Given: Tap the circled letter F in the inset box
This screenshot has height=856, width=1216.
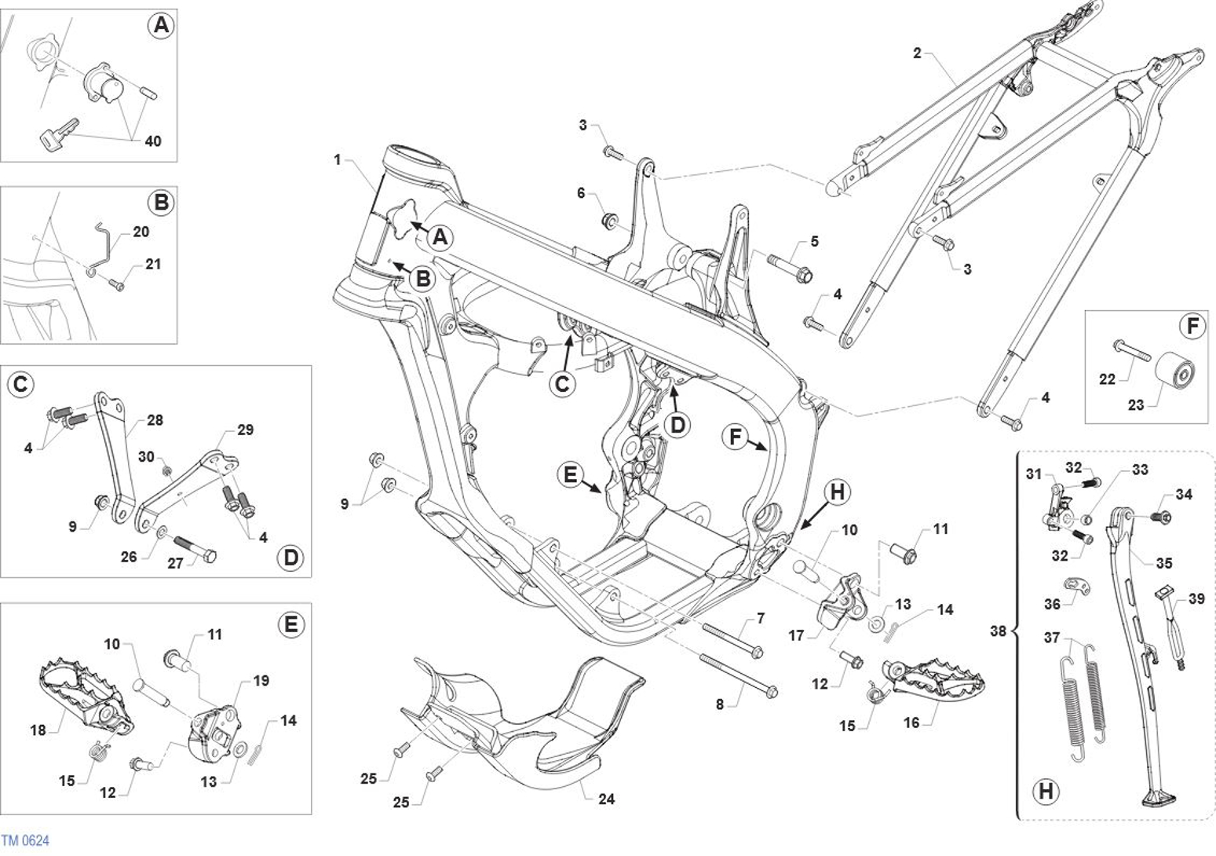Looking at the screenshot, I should coord(1192,326).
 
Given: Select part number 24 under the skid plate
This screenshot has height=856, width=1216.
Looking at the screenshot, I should coord(606,799).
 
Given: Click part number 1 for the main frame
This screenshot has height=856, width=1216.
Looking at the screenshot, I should coord(338,160).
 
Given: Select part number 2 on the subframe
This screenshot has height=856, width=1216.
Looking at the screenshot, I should coord(917,53).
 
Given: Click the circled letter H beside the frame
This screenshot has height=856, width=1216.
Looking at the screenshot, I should coord(838,492).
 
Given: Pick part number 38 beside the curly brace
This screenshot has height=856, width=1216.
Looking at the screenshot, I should coord(997,631).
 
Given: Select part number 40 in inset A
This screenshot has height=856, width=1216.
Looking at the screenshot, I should coord(152,141).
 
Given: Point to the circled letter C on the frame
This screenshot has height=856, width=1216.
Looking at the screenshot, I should coord(562,384).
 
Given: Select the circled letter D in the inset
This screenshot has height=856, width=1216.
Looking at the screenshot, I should coord(290,558).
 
